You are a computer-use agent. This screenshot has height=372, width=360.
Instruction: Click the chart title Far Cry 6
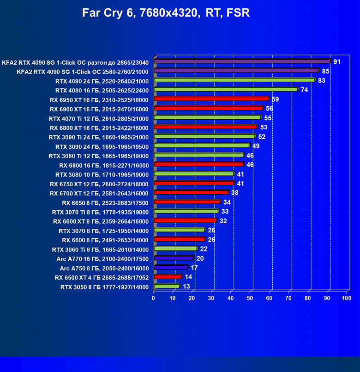click(166, 13)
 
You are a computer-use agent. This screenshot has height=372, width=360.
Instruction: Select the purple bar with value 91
click(242, 61)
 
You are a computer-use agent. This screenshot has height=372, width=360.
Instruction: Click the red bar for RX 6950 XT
click(211, 98)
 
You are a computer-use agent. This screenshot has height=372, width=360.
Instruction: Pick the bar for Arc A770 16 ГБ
click(174, 258)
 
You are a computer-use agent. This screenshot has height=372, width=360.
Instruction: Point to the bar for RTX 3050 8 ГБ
click(167, 287)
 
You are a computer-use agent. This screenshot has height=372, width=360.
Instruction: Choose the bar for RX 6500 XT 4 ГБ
click(168, 277)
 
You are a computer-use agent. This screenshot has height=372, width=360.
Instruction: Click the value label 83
click(322, 80)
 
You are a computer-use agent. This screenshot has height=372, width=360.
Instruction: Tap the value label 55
click(268, 118)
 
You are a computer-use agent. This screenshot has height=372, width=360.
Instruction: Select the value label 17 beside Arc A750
click(194, 268)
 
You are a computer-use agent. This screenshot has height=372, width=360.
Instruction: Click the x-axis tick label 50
click(250, 299)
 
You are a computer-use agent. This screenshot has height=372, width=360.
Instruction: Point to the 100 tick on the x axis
click(346, 299)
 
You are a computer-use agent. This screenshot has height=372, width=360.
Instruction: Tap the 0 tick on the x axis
click(154, 299)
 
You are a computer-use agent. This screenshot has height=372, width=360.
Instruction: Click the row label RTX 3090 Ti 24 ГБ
click(98, 137)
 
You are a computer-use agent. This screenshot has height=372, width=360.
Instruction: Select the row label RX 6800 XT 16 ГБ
click(99, 128)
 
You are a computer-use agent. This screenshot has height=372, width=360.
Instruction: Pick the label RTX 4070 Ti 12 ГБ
click(98, 118)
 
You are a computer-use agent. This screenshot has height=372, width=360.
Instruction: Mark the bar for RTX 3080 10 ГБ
click(194, 174)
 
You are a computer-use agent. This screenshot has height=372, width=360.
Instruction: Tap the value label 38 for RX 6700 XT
click(234, 193)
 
